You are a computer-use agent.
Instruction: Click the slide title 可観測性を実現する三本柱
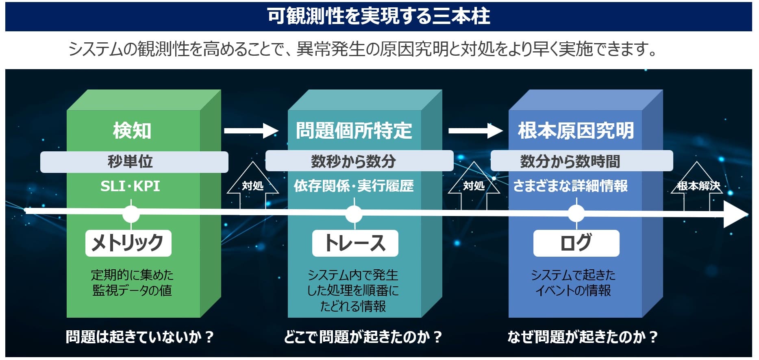click(378, 16)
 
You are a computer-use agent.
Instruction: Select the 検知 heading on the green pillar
click(132, 131)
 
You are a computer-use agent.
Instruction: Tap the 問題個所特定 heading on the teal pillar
click(354, 131)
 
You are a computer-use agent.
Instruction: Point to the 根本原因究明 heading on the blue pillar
click(576, 131)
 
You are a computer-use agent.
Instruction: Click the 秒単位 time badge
click(134, 161)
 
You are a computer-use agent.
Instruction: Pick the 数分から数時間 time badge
click(581, 161)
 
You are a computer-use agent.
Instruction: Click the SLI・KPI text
click(130, 186)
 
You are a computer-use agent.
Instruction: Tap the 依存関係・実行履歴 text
click(354, 186)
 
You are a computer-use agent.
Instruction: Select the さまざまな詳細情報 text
click(570, 186)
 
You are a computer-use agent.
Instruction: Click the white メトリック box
click(128, 243)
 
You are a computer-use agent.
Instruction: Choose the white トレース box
click(355, 243)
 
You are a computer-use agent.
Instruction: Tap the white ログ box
click(576, 243)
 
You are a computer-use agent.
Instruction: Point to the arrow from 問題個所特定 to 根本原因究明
click(475, 131)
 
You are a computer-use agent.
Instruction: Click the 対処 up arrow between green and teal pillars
click(252, 185)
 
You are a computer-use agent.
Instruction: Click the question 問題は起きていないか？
click(140, 337)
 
